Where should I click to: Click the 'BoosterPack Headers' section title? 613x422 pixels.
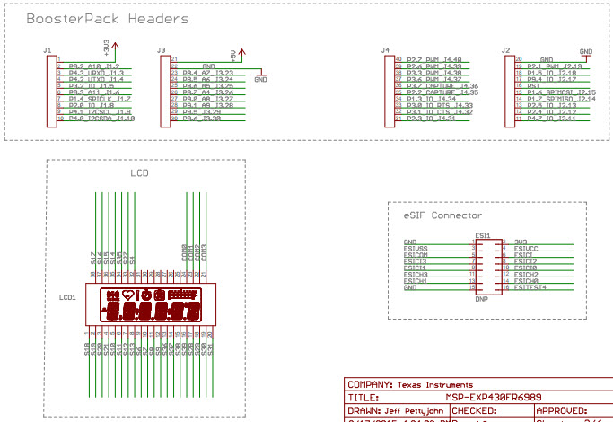pyautogui.click(x=107, y=19)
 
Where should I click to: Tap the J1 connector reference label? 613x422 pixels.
pyautogui.click(x=48, y=50)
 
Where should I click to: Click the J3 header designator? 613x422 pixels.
pyautogui.click(x=161, y=50)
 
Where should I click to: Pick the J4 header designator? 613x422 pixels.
pyautogui.click(x=385, y=50)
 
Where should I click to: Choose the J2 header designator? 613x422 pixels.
pyautogui.click(x=506, y=50)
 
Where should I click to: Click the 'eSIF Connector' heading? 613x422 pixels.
pyautogui.click(x=443, y=215)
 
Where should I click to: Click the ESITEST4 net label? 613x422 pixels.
pyautogui.click(x=530, y=287)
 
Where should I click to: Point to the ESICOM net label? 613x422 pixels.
pyautogui.click(x=416, y=255)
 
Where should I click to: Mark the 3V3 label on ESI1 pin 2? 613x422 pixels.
pyautogui.click(x=521, y=242)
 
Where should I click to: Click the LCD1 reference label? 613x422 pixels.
pyautogui.click(x=67, y=296)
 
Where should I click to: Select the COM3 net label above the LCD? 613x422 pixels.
pyautogui.click(x=206, y=252)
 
